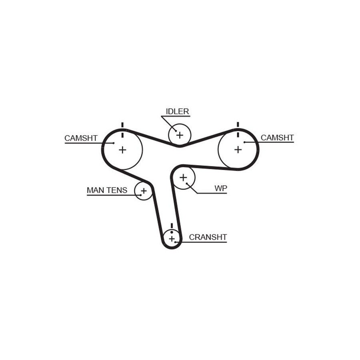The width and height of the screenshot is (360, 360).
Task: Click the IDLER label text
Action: tap(177, 111)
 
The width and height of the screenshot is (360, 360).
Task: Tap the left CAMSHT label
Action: tap(81, 138)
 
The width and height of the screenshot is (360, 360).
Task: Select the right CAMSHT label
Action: tap(277, 138)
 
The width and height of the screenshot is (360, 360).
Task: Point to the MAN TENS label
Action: tap(107, 190)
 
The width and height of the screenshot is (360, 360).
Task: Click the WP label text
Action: tap(221, 188)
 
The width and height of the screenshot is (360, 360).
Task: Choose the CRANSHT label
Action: tap(208, 237)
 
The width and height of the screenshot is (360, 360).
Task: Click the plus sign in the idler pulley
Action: tap(180, 135)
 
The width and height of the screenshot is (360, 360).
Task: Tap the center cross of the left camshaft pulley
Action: tap(123, 150)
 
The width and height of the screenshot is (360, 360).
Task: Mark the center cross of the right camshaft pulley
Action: tap(238, 150)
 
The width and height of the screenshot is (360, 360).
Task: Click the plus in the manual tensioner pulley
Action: tap(144, 190)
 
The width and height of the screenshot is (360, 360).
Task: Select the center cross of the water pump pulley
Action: tap(183, 178)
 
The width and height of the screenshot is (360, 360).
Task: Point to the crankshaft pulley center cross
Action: tap(172, 239)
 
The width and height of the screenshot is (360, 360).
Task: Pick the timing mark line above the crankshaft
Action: tap(172, 226)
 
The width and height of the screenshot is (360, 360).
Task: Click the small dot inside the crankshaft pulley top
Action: tap(172, 232)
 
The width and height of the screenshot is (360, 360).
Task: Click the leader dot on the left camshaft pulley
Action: tap(114, 143)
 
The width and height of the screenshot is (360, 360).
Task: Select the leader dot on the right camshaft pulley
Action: tap(245, 142)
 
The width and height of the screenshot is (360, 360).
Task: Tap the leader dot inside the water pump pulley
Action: tap(187, 184)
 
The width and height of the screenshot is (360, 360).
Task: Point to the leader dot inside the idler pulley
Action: tap(176, 131)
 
